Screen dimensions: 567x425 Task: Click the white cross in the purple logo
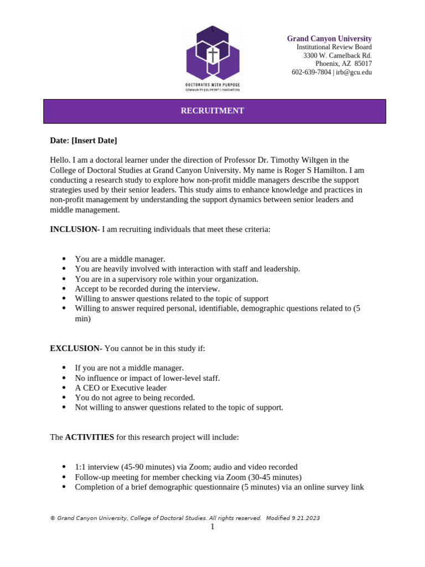[212, 55]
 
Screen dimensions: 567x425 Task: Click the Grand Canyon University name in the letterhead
[329, 38]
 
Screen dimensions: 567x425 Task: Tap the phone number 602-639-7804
[311, 72]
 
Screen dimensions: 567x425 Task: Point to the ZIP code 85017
[363, 64]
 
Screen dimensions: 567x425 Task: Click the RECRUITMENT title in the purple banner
[212, 111]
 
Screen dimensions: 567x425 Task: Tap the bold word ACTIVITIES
[90, 437]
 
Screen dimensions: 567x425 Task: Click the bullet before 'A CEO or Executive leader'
[64, 388]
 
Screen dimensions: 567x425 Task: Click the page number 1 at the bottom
[212, 527]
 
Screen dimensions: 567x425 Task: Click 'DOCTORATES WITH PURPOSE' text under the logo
[212, 84]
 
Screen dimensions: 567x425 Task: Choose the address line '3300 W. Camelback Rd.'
[337, 55]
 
